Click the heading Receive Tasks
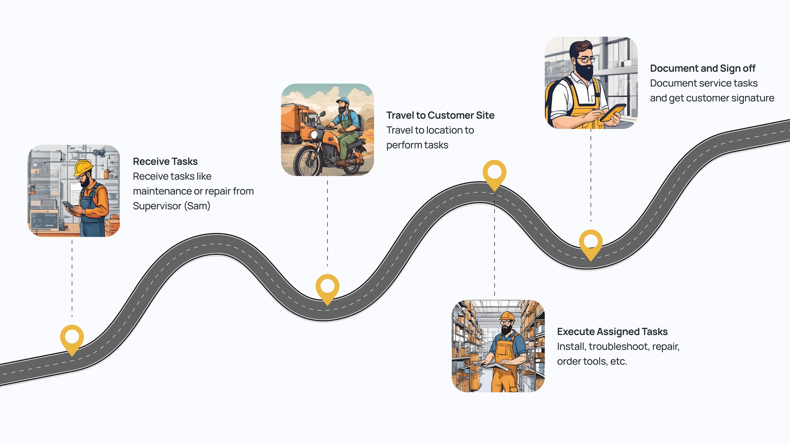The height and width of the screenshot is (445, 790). click(165, 161)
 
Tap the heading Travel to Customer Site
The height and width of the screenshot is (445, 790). click(440, 115)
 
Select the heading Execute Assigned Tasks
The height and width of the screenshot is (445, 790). click(612, 332)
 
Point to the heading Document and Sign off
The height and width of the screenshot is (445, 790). click(702, 68)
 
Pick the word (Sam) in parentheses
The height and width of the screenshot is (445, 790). click(197, 206)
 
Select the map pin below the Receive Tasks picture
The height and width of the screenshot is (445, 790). click(72, 337)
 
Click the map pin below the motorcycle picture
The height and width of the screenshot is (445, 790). click(327, 286)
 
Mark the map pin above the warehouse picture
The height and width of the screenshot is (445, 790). click(494, 172)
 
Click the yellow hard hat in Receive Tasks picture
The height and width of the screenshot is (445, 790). click(83, 166)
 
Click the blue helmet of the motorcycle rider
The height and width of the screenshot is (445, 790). click(343, 100)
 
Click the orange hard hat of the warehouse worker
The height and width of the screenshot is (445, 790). click(507, 316)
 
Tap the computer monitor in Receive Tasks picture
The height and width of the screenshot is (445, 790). click(44, 220)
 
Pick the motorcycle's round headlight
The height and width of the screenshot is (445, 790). click(314, 134)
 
